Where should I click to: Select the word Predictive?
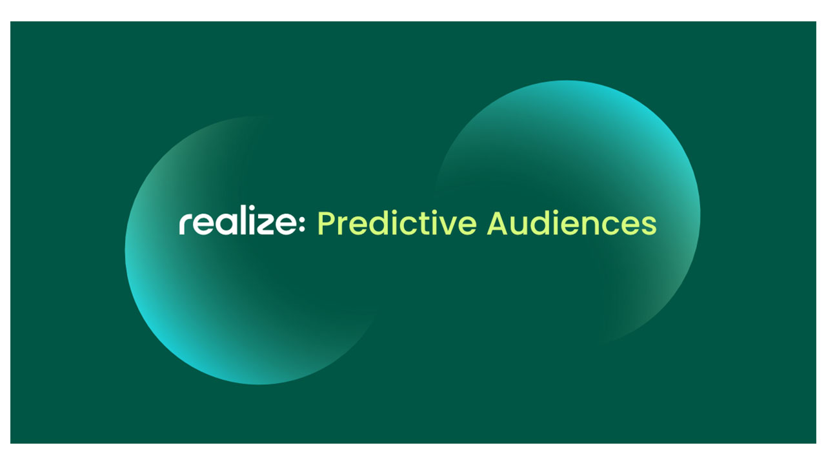click(x=397, y=223)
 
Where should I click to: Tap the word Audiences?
click(x=572, y=223)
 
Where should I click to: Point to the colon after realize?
click(x=302, y=224)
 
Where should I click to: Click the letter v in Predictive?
click(x=446, y=226)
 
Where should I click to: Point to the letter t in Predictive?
click(x=422, y=223)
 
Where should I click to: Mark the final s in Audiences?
click(x=649, y=226)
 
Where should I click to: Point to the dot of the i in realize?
click(x=248, y=208)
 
